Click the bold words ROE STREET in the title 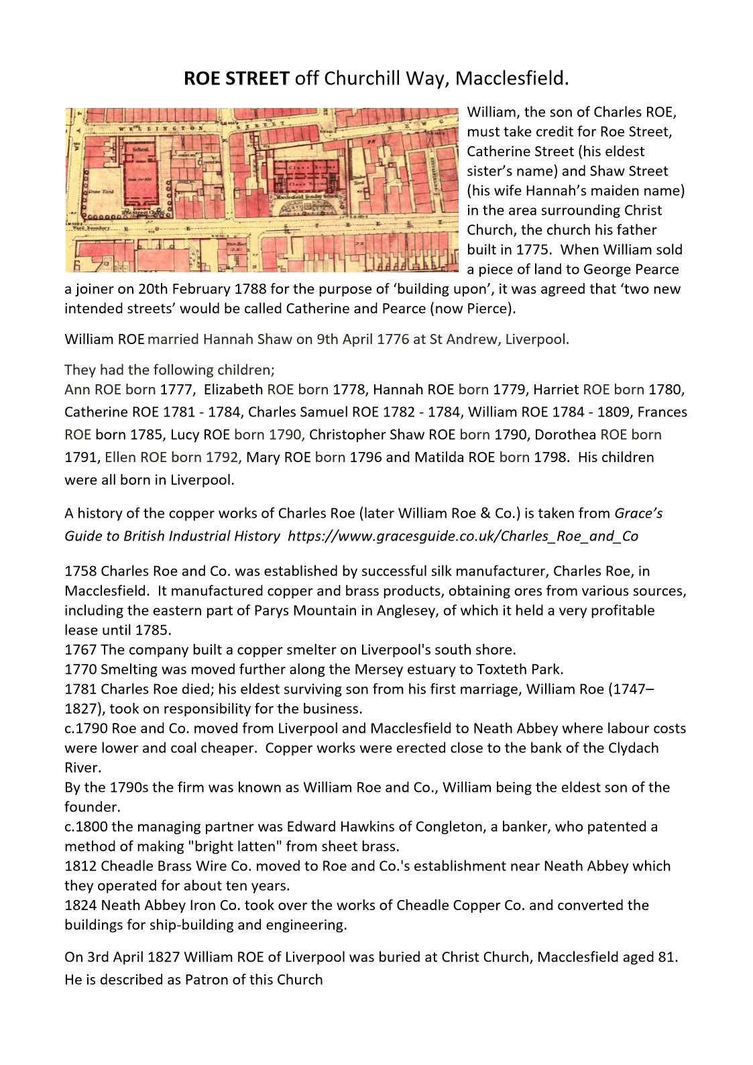(236, 79)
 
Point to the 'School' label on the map (141, 149)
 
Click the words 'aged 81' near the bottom (650, 957)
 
